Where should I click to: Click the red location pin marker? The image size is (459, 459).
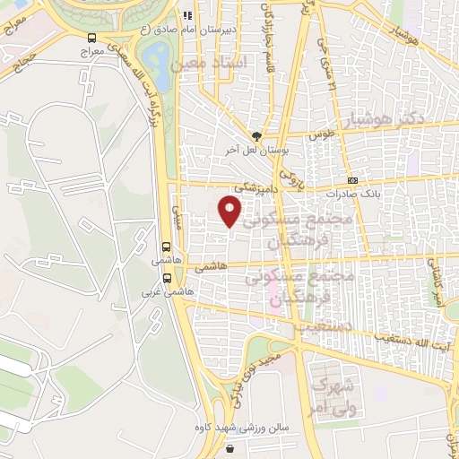coord(230,212)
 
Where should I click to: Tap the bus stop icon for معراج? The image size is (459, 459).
coord(92,38)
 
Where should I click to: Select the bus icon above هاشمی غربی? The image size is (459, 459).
coord(167,277)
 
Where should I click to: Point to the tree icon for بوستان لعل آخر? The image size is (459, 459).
coord(257,136)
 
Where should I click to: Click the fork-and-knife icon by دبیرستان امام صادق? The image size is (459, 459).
coord(186,15)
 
